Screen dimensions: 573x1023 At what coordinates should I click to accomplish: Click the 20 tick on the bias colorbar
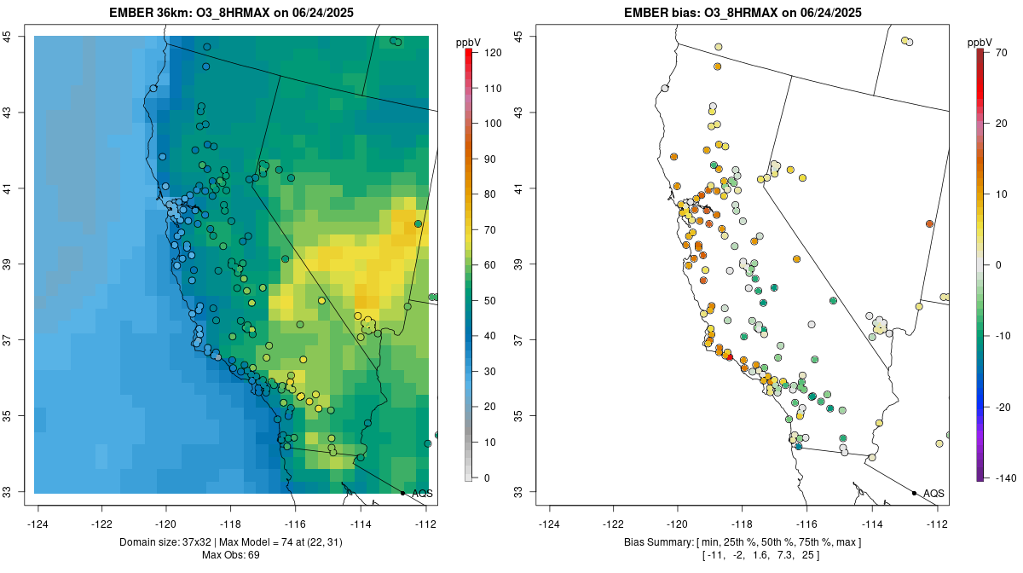pyautogui.click(x=999, y=123)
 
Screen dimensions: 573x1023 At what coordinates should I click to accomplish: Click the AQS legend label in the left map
pyautogui.click(x=423, y=493)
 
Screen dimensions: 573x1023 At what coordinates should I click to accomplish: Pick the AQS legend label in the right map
pyautogui.click(x=934, y=493)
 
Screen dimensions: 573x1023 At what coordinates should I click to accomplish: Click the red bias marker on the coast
pyautogui.click(x=730, y=357)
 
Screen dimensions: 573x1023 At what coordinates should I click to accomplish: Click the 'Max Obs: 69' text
pyautogui.click(x=231, y=555)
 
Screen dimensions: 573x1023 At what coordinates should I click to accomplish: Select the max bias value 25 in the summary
pyautogui.click(x=810, y=556)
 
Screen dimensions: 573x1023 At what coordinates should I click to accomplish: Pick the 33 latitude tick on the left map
pyautogui.click(x=8, y=492)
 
